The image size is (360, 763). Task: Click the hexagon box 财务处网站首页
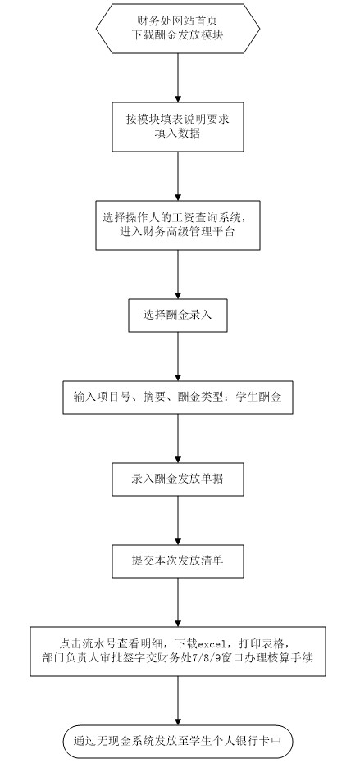pyautogui.click(x=178, y=28)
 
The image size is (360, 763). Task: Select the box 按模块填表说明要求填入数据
pyautogui.click(x=178, y=126)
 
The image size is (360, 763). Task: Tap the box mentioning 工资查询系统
pyautogui.click(x=178, y=225)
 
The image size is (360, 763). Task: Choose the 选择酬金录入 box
pyautogui.click(x=178, y=316)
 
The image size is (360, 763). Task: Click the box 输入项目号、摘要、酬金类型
pyautogui.click(x=178, y=397)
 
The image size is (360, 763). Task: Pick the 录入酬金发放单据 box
pyautogui.click(x=178, y=479)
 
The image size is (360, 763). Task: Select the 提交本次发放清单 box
pyautogui.click(x=178, y=561)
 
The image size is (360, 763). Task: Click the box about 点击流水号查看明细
pyautogui.click(x=178, y=652)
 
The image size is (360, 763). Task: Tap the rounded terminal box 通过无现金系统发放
pyautogui.click(x=178, y=741)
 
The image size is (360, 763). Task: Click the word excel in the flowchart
pyautogui.click(x=212, y=645)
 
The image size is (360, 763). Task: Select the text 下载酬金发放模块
pyautogui.click(x=178, y=35)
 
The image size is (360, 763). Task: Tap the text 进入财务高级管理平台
pyautogui.click(x=178, y=232)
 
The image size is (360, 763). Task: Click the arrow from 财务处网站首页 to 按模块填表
pyautogui.click(x=178, y=77)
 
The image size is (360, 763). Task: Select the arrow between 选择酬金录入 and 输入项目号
pyautogui.click(x=178, y=357)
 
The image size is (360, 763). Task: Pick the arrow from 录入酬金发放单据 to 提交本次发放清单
pyautogui.click(x=178, y=520)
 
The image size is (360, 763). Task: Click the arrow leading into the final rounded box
pyautogui.click(x=178, y=701)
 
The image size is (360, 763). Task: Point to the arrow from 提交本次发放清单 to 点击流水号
pyautogui.click(x=178, y=602)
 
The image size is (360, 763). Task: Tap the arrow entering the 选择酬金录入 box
pyautogui.click(x=178, y=275)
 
